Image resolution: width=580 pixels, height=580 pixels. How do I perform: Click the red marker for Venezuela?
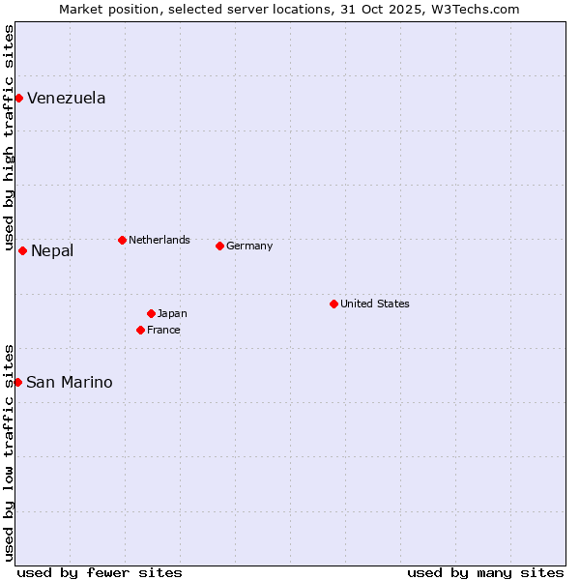pos(18,98)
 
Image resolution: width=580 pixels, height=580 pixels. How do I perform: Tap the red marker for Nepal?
pos(22,250)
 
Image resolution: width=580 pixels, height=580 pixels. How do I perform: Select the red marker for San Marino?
pos(17,382)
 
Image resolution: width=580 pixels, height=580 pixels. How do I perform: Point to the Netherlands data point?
pos(122,240)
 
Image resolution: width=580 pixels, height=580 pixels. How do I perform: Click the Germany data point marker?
pos(219,246)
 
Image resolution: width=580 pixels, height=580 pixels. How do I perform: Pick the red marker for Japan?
pos(151,313)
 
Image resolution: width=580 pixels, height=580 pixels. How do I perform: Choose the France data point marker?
pos(140,330)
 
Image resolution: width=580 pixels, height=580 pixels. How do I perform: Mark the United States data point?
pos(333,304)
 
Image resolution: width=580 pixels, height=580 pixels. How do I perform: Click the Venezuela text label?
pos(67,98)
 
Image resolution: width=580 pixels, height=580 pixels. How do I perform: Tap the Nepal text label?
pos(52,251)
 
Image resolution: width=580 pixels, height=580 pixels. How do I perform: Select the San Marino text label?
pos(70,382)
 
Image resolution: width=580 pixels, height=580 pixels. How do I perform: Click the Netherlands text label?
pos(159,240)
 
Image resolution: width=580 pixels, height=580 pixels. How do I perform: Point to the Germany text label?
pos(249,246)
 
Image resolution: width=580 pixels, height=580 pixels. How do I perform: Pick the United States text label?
pos(375,304)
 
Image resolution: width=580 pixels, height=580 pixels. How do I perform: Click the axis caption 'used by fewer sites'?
pos(100,572)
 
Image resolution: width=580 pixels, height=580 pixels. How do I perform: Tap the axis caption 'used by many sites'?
pos(485,572)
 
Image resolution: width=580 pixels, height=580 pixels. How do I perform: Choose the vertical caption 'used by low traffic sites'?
pos(9,451)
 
